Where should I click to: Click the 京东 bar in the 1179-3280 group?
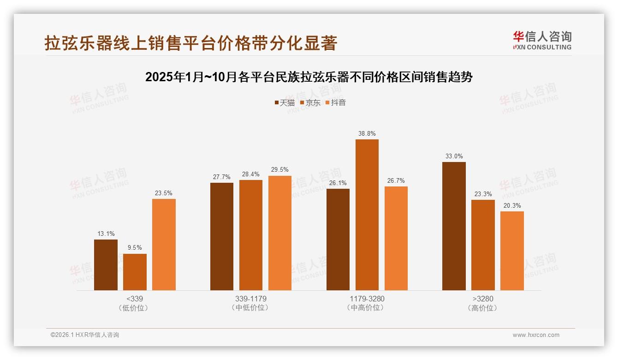367,215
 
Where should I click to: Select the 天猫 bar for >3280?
454,226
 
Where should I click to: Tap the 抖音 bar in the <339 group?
164,245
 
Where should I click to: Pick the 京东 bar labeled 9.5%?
135,272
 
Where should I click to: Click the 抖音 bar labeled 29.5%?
280,233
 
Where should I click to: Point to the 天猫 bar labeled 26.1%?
338,240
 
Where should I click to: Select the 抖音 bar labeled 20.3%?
512,251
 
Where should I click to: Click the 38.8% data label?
367,134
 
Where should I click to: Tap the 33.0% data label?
454,156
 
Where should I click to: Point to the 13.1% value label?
106,234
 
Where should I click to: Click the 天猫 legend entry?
285,102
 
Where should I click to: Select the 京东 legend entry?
310,102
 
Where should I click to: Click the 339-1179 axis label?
250,299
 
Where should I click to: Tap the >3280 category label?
483,299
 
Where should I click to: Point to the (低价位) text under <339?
134,308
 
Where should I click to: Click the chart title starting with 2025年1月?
309,77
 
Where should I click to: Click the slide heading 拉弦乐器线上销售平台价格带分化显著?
191,43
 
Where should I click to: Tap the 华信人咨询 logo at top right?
542,40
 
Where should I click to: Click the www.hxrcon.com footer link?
536,335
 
